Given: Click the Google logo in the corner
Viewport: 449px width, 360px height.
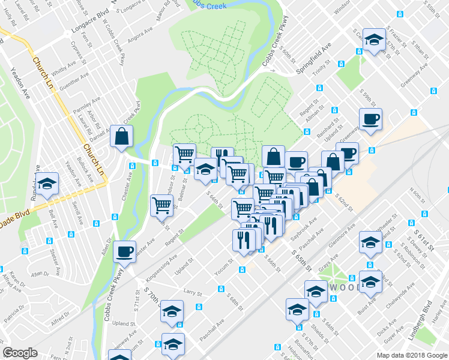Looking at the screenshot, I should point(20,353).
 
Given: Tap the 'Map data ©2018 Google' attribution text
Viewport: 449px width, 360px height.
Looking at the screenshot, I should point(412,355).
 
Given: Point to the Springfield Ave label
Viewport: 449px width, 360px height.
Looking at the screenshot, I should point(313,61).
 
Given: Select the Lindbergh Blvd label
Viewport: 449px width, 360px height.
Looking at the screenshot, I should point(420,320).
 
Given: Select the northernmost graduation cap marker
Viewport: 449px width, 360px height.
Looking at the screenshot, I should point(374,40).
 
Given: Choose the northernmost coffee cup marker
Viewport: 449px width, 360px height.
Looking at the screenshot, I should point(370,118).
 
